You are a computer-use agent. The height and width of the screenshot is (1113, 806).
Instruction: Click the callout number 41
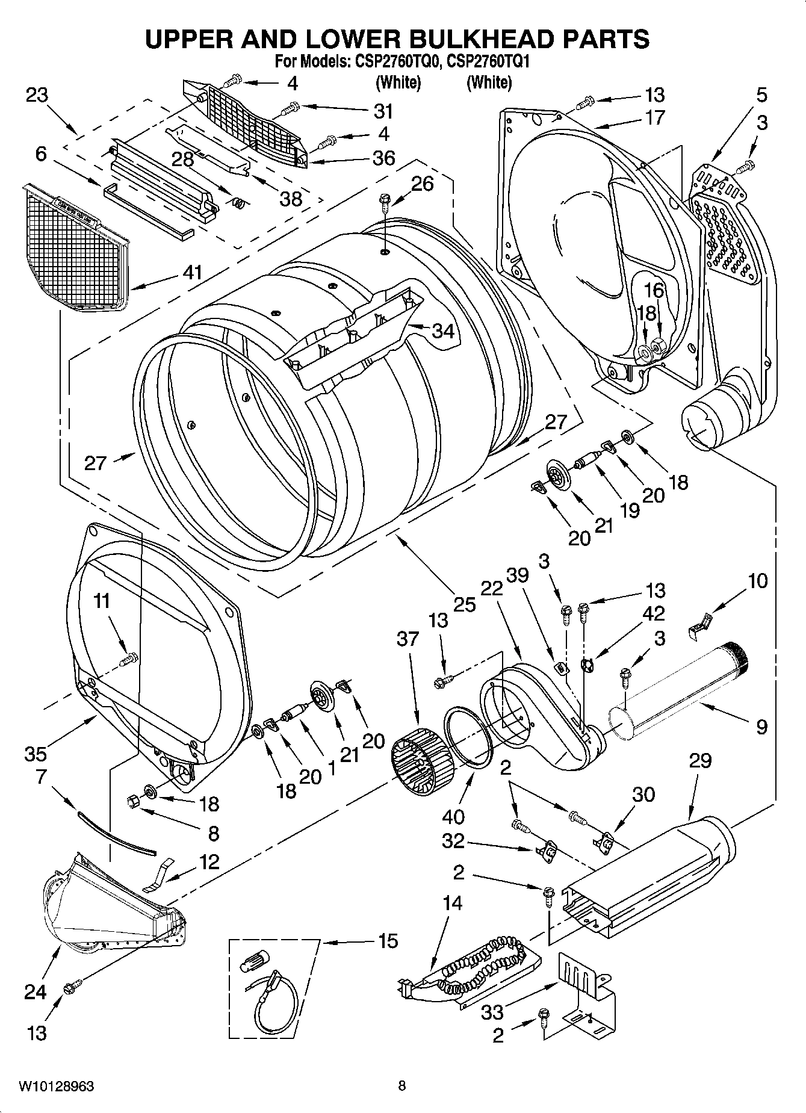point(193,273)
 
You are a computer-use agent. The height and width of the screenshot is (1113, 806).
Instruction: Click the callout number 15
point(388,940)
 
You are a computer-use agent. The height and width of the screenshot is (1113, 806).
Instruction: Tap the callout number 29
point(701,760)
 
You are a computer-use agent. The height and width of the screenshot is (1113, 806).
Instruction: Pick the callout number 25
point(465,604)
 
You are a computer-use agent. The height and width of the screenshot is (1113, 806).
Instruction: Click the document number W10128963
point(56,1086)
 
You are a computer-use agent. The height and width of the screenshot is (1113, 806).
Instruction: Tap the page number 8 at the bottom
point(402,1086)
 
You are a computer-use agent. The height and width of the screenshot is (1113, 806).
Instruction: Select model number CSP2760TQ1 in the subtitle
point(491,61)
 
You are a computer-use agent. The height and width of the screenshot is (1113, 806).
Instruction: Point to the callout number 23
point(37,96)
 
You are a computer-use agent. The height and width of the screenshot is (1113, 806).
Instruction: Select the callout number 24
point(35,991)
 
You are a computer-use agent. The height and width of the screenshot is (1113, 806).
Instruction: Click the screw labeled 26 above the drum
point(384,202)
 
